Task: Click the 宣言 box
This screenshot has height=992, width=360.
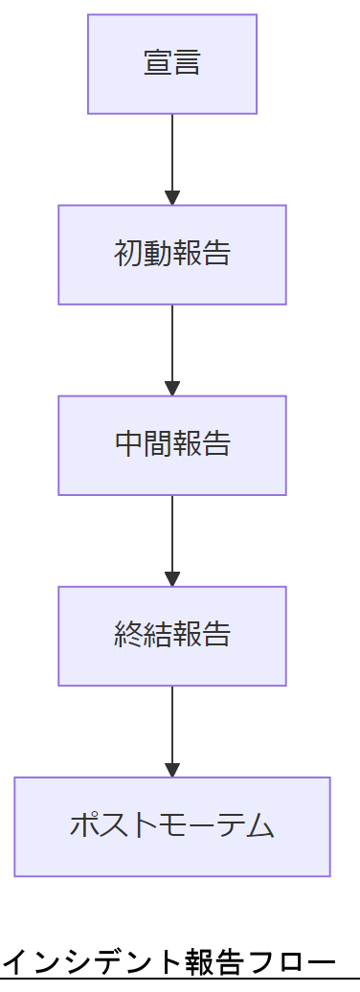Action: point(172,64)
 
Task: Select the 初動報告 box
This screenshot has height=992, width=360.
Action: point(172,255)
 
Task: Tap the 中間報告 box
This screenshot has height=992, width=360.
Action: point(172,445)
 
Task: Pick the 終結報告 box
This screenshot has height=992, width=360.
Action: point(172,636)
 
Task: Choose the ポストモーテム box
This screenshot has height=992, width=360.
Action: point(172,826)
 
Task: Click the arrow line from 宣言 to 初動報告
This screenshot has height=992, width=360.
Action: point(172,153)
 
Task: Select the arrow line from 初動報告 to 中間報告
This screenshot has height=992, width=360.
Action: point(172,344)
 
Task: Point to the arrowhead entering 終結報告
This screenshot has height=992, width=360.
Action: point(172,578)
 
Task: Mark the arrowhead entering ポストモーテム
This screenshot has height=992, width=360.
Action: point(172,769)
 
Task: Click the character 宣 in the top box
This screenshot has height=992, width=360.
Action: point(158,64)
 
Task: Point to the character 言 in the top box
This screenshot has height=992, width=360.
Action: point(188,64)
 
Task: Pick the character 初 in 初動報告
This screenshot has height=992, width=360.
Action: point(128,255)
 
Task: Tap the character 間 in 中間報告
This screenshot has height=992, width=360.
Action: point(158,445)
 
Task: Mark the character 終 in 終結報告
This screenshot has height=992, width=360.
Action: point(128,636)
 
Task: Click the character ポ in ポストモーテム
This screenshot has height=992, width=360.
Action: point(85,826)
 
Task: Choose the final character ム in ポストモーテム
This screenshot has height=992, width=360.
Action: point(260,826)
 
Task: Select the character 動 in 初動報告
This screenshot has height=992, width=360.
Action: point(158,255)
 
